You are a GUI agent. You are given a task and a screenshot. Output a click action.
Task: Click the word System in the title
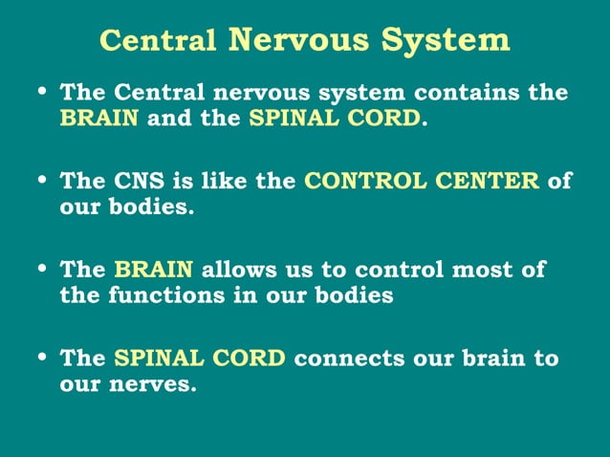pos(446,40)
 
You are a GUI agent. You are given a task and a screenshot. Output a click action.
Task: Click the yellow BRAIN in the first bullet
pos(99,119)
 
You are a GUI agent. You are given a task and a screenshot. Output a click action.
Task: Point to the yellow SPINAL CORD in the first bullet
pos(335,119)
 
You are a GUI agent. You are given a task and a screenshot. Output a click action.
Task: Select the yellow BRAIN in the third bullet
pos(154,270)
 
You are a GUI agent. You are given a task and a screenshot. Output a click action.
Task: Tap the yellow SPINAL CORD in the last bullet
pos(200,359)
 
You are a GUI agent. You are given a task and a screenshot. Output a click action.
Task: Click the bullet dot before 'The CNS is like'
pos(41,180)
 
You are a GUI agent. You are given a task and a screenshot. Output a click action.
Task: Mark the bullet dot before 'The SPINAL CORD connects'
pos(41,357)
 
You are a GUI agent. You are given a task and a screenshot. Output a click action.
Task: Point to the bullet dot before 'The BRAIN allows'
pos(41,268)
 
